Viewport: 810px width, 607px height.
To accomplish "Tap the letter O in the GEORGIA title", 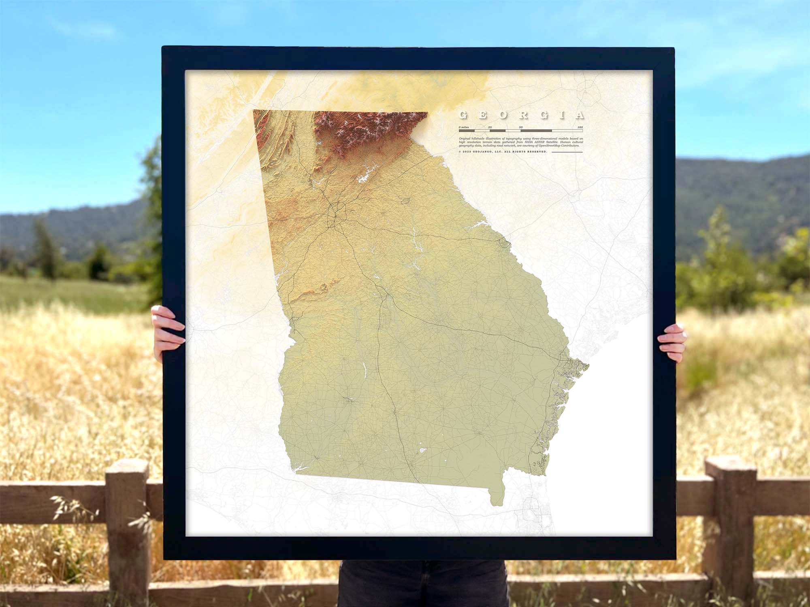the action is coord(502,115).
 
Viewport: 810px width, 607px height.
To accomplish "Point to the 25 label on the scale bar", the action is coord(490,127).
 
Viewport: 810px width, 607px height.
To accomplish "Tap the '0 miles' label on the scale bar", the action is coord(464,127).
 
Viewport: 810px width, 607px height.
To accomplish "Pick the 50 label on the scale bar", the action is coord(521,127).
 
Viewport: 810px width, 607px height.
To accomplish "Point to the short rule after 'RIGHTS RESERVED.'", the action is coord(567,152).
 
